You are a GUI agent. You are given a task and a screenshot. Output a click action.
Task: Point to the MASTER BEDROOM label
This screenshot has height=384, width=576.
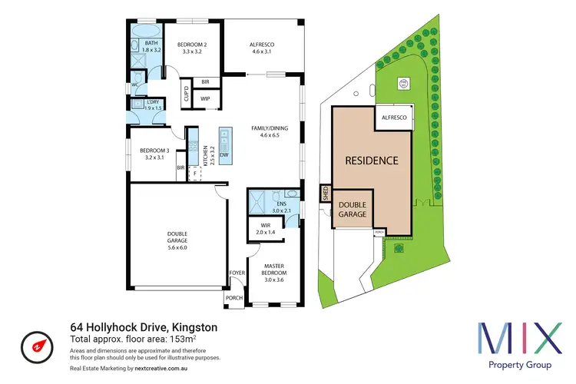(x=273, y=270)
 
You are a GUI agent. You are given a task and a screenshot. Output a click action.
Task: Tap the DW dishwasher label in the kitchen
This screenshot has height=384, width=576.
(x=224, y=156)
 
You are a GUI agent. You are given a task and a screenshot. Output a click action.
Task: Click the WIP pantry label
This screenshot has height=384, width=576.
(x=205, y=99)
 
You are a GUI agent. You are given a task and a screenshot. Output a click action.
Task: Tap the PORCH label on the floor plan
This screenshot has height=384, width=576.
(x=233, y=298)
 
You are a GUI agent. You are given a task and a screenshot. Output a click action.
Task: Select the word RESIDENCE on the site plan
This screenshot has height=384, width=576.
(x=371, y=161)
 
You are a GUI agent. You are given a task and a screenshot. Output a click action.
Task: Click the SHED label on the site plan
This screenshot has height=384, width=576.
(x=325, y=196)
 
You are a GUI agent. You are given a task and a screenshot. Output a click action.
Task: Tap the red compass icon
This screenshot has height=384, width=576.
(x=35, y=343)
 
